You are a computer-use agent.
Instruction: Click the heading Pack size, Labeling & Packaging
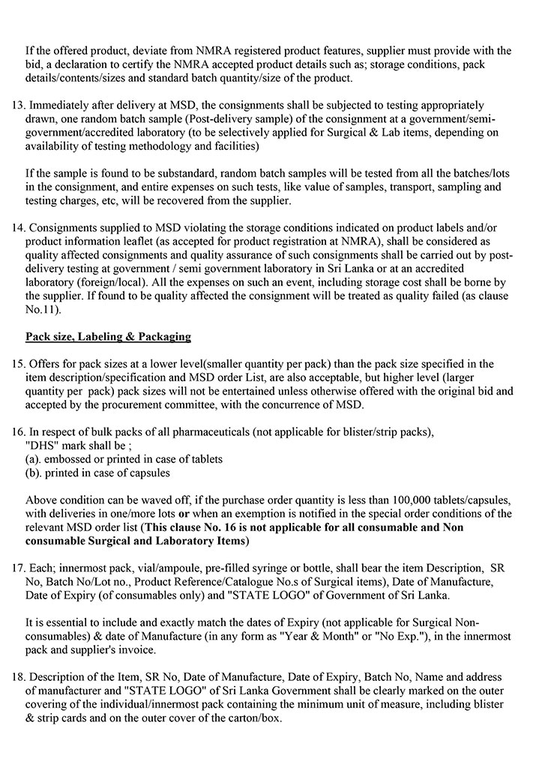(108, 336)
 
